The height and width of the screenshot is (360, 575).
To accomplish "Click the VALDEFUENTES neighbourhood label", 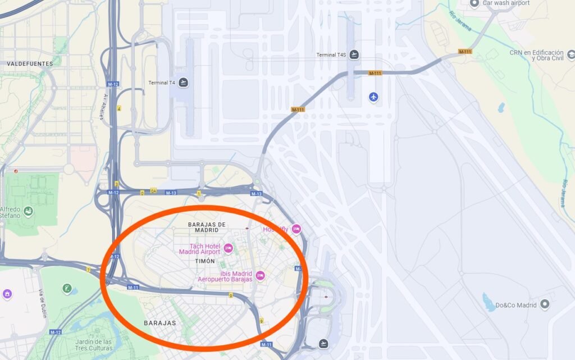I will click(x=30, y=64).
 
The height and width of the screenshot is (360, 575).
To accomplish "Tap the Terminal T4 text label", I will click(x=162, y=83).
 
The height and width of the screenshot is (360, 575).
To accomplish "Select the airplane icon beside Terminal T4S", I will click(x=354, y=54).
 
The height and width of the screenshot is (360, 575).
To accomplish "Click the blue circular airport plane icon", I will click(x=373, y=97).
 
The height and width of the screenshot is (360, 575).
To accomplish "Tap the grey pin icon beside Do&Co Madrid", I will click(x=544, y=305).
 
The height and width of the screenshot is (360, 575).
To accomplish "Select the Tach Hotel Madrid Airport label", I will click(x=200, y=249).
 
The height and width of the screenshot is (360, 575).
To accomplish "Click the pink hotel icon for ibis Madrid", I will click(x=260, y=276).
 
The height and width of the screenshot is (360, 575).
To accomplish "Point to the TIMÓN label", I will click(x=204, y=262).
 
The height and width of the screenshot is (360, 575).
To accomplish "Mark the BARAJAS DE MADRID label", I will click(x=207, y=227).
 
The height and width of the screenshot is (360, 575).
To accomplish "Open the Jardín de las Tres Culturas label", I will click(x=93, y=344).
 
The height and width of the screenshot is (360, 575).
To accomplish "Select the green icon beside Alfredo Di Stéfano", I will click(x=28, y=211).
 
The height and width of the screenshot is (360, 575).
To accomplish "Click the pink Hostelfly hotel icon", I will click(x=296, y=229).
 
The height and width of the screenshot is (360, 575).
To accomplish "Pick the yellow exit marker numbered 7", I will click(x=88, y=270).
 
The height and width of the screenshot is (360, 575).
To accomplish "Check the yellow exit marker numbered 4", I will click(x=119, y=108).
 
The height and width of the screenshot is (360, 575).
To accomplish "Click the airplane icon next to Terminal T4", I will click(x=183, y=83).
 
